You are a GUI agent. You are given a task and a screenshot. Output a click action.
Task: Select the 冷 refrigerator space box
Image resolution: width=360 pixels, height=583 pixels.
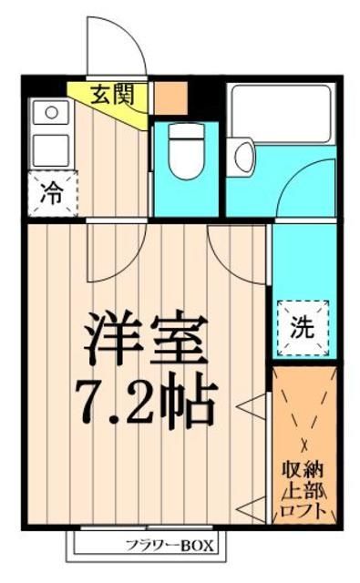coord(52,193)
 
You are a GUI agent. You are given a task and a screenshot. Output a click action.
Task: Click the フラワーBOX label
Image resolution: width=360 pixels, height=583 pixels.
coord(168,547)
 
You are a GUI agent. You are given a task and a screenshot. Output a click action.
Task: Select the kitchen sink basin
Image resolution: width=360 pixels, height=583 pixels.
coord(51,145)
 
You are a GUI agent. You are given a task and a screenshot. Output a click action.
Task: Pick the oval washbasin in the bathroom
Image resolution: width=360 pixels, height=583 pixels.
coord(244,156)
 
